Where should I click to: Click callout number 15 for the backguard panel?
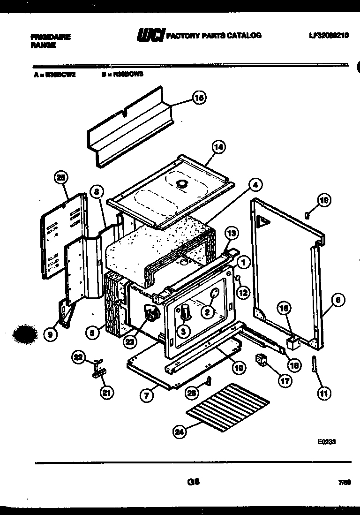click(199, 98)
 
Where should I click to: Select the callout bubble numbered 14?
click(218, 147)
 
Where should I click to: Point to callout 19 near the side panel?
click(324, 200)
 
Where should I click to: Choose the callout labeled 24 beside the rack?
click(179, 432)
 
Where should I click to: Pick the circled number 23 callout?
click(130, 341)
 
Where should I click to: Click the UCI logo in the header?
click(150, 36)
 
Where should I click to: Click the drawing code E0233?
click(326, 441)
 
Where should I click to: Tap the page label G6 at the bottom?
click(193, 481)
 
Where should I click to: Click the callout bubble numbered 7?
click(147, 395)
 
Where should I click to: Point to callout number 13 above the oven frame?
click(230, 233)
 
